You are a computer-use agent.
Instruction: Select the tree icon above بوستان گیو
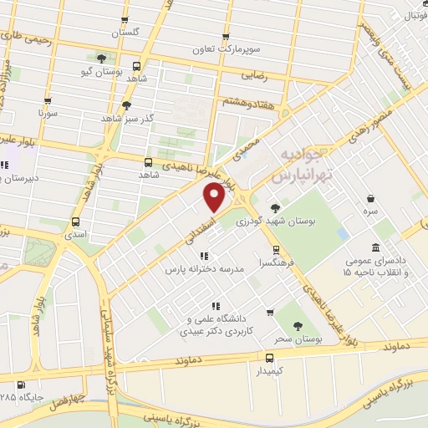point(102,59)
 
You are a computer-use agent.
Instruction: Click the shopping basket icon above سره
point(370,198)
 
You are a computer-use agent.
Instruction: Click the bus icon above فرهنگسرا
point(275,250)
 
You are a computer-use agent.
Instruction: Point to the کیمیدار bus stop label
point(268,369)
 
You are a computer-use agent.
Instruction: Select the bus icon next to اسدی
point(76,222)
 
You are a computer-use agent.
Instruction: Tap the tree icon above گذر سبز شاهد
point(127,105)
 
